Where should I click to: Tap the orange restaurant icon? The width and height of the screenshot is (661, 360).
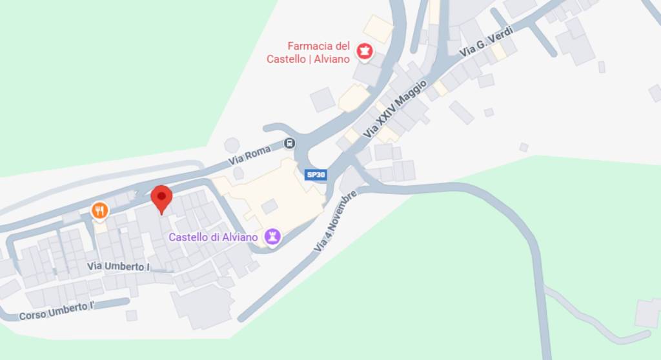[99, 210]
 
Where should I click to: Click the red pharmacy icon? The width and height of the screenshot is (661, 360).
[365, 52]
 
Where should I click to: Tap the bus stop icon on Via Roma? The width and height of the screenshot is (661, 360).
[290, 143]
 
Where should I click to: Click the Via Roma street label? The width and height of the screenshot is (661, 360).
[249, 154]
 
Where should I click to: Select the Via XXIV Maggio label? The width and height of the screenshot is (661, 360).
[395, 108]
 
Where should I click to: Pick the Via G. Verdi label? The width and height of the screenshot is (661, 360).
[486, 41]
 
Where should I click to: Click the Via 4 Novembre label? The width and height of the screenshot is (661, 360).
[335, 221]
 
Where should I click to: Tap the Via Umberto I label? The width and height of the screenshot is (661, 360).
[119, 266]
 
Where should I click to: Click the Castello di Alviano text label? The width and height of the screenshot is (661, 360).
[214, 237]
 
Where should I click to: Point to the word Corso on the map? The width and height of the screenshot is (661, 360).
[32, 315]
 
